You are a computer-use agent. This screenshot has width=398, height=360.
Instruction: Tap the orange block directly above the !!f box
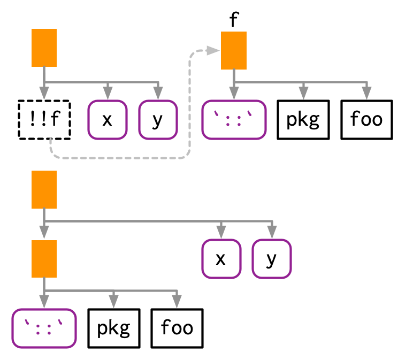click(44, 48)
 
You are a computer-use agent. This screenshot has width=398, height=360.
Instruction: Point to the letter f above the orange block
click(233, 20)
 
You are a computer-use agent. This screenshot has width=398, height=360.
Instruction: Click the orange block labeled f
click(234, 50)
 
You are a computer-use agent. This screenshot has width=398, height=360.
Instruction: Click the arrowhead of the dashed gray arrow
click(215, 50)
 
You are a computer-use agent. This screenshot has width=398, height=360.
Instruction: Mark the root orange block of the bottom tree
click(44, 189)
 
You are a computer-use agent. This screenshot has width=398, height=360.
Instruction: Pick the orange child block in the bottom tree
click(44, 259)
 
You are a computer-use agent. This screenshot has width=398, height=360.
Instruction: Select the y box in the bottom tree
click(271, 259)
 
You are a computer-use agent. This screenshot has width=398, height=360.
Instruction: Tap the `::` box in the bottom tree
click(44, 328)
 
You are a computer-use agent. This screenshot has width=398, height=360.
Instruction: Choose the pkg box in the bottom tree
click(113, 328)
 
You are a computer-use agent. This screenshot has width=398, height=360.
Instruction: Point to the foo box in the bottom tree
click(177, 328)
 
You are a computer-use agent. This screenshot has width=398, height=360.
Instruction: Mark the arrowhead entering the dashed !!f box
click(44, 93)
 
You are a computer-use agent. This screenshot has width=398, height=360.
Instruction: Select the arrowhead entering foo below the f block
click(366, 93)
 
